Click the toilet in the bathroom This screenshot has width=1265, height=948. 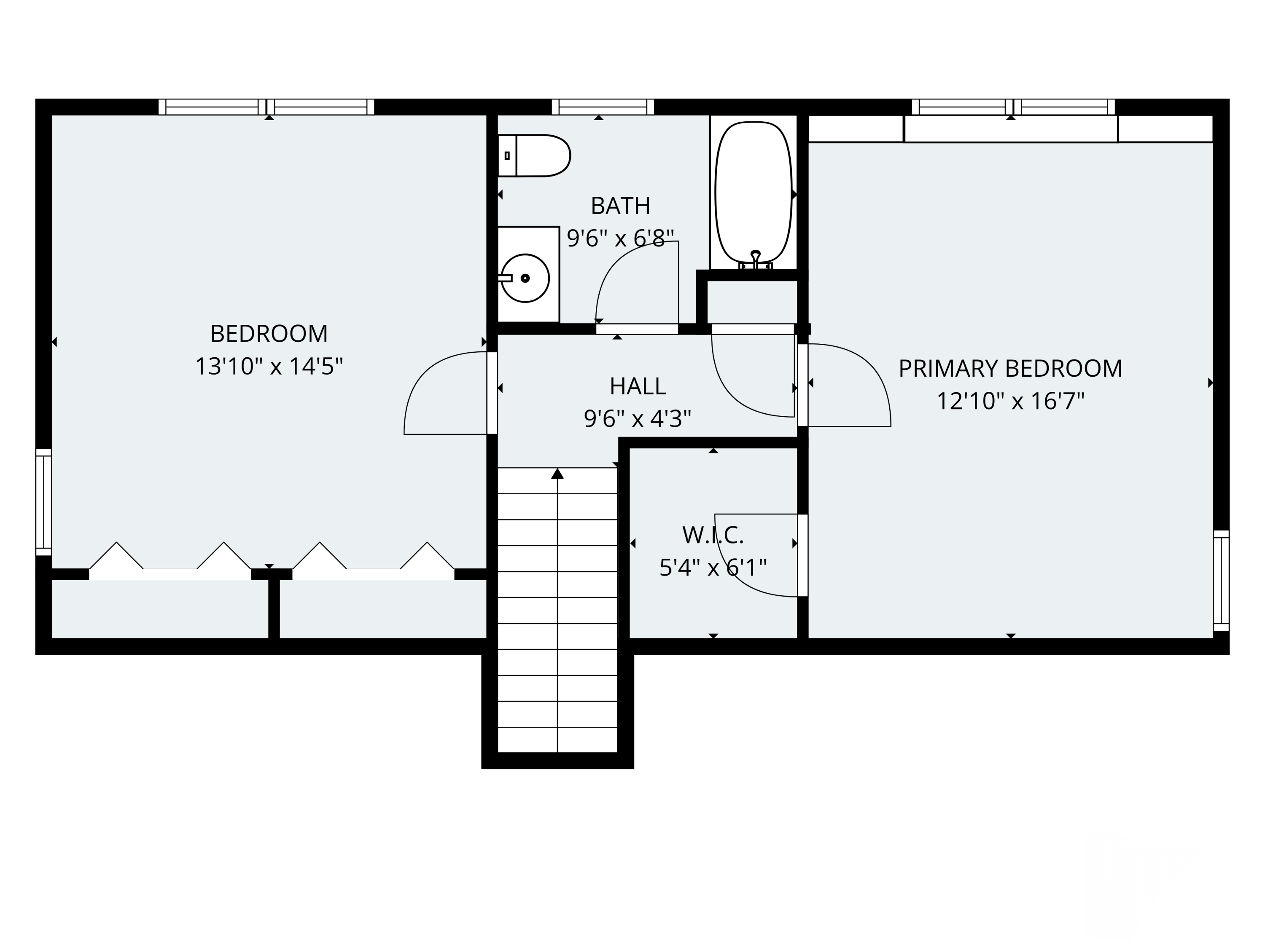tap(534, 155)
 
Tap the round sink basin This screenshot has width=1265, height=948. tap(525, 278)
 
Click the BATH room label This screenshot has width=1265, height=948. tap(621, 206)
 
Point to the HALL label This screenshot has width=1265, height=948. tap(638, 386)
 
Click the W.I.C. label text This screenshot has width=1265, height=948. tap(713, 535)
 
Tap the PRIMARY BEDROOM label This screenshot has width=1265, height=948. tap(1010, 369)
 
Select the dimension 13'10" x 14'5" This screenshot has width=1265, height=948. tap(269, 366)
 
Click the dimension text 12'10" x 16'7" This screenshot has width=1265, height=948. tap(1010, 401)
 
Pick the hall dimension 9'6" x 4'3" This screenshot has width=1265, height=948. tap(638, 419)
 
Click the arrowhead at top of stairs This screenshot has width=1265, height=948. tap(557, 473)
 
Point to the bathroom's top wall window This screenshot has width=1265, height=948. tap(603, 107)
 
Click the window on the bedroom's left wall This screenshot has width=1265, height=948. tap(44, 502)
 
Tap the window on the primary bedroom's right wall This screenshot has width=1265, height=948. tap(1221, 581)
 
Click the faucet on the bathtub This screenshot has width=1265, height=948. tap(756, 260)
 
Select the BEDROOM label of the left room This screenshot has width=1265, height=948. tap(269, 334)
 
